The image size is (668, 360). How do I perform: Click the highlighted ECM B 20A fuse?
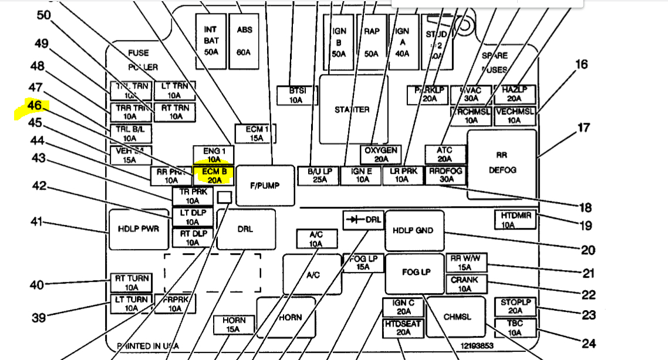tap(214, 175)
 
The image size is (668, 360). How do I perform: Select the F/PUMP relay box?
tap(265, 185)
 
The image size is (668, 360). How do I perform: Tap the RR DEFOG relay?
tap(501, 164)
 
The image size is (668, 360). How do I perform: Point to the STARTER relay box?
tap(352, 109)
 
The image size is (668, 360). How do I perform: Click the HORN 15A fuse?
tap(233, 325)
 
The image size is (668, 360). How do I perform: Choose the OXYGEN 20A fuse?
tap(380, 154)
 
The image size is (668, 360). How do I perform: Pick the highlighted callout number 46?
tap(34, 107)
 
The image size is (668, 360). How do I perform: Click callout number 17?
tap(583, 127)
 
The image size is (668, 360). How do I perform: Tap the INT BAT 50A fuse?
tap(210, 41)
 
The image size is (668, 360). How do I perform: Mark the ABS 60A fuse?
tap(244, 41)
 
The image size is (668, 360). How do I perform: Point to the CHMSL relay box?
tap(456, 317)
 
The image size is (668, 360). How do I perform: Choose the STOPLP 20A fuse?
tap(515, 306)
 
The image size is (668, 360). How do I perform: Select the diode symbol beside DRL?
tap(353, 220)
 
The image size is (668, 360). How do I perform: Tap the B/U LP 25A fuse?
tap(319, 176)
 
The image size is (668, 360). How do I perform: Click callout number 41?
tap(38, 223)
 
